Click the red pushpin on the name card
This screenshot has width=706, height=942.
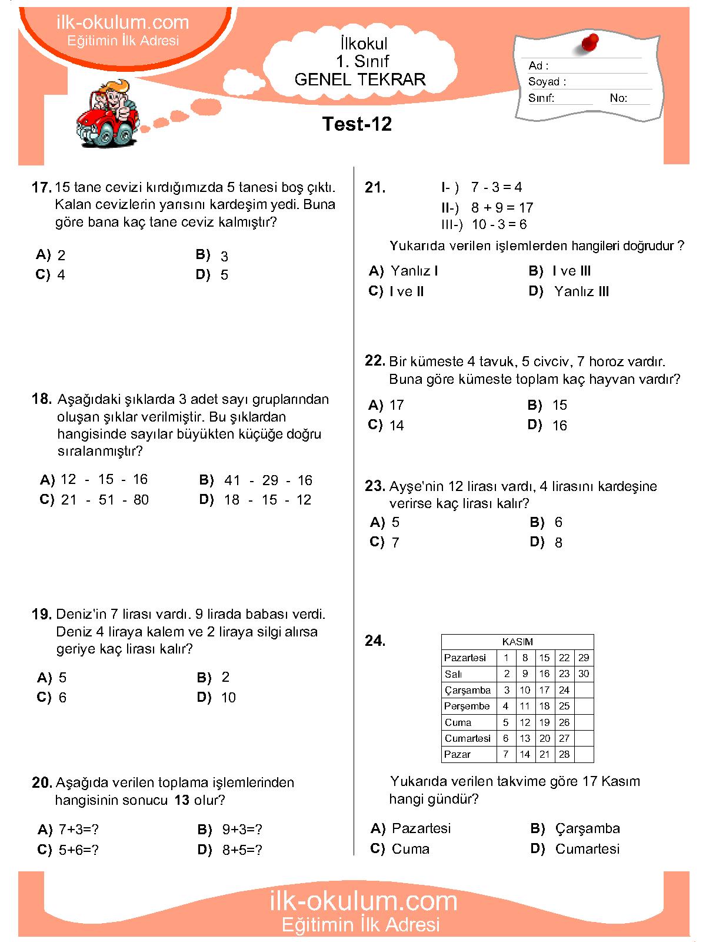coord(590,43)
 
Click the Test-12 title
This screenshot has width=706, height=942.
coord(357,124)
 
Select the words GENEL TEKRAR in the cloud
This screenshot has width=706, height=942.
coord(360,80)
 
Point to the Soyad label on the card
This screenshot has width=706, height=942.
coord(547,82)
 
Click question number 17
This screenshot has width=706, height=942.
coord(41,188)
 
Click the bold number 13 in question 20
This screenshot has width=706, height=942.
coord(182,800)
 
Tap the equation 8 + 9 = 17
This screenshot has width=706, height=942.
coord(501,208)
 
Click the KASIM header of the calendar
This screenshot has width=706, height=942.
coord(517,642)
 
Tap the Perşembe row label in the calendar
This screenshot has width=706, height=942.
coord(467,706)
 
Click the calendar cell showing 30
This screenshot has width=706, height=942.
coord(584,674)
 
